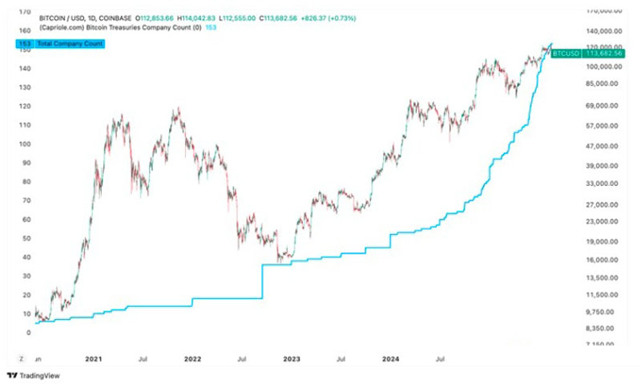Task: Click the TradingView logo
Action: (26, 374)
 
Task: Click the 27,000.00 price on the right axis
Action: (603, 204)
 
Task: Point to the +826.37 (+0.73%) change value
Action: (327, 17)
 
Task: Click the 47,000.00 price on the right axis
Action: (603, 146)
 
